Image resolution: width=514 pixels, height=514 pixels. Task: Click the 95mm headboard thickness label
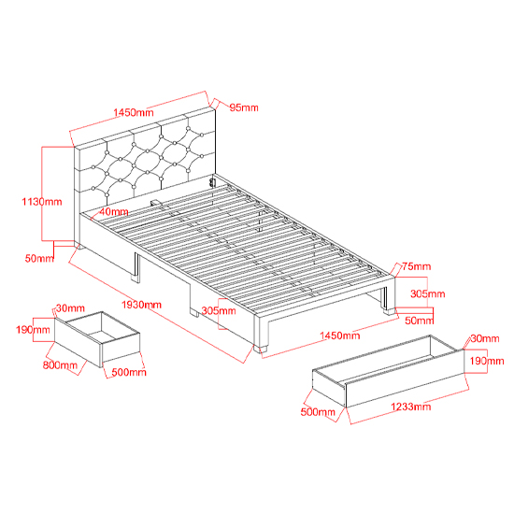click(x=244, y=107)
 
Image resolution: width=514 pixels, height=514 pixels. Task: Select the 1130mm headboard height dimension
click(x=42, y=201)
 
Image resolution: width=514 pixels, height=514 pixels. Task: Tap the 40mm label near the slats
click(x=114, y=212)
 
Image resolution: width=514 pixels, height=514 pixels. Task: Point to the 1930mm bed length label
click(x=142, y=305)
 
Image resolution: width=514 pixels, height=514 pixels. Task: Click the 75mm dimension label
click(x=416, y=266)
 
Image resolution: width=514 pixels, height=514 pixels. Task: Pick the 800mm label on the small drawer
click(x=60, y=364)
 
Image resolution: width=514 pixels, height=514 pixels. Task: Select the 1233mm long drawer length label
click(x=411, y=407)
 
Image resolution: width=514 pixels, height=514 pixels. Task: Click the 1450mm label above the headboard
click(x=134, y=112)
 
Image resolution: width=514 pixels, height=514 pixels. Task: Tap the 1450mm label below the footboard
click(x=340, y=336)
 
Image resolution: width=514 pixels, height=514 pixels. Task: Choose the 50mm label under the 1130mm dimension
click(x=39, y=258)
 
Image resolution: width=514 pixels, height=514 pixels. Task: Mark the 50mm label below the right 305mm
click(x=420, y=321)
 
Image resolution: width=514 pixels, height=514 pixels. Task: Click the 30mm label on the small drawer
click(x=70, y=308)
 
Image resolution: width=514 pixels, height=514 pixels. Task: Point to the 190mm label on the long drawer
click(x=487, y=361)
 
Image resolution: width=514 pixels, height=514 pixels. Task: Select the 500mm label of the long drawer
click(x=318, y=412)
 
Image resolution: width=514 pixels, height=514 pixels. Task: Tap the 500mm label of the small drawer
click(x=129, y=372)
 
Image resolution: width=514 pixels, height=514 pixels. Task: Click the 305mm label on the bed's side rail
click(x=219, y=310)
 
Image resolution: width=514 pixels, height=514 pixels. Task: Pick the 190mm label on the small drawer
click(x=33, y=330)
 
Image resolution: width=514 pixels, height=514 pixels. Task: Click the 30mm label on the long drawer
click(x=485, y=338)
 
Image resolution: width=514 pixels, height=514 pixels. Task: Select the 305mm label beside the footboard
click(x=428, y=293)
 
